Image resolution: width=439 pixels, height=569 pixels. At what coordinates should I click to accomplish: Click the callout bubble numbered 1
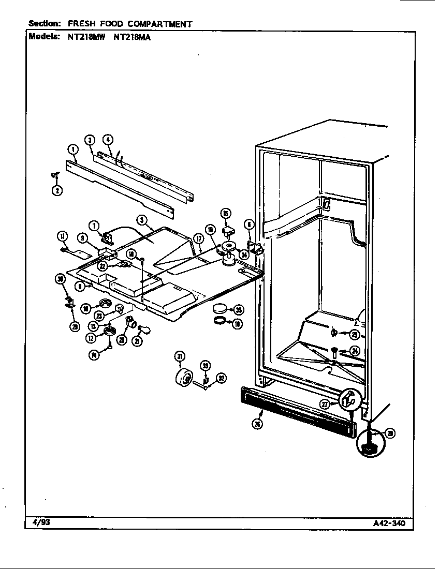pyautogui.click(x=72, y=149)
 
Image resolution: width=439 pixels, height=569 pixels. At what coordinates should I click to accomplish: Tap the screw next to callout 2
pyautogui.click(x=54, y=176)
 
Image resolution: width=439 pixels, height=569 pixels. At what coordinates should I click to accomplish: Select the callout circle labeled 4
pyautogui.click(x=108, y=139)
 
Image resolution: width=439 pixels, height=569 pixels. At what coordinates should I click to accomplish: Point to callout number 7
pyautogui.click(x=94, y=226)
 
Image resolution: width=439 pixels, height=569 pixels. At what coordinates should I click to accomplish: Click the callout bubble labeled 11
pyautogui.click(x=63, y=237)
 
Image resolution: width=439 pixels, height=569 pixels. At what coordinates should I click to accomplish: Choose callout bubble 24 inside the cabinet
pyautogui.click(x=354, y=351)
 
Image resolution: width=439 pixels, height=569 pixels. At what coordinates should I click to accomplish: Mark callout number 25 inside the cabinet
pyautogui.click(x=354, y=334)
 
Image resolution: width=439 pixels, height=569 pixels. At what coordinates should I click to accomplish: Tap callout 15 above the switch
pyautogui.click(x=226, y=213)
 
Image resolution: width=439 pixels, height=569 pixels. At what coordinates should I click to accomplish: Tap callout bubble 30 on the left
pyautogui.click(x=62, y=280)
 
